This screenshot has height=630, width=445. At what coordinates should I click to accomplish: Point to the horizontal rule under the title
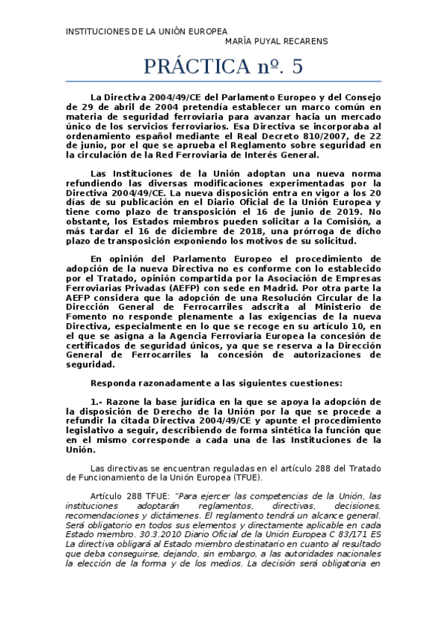(x=223, y=81)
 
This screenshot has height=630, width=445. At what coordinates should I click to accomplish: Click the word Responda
(x=114, y=383)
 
